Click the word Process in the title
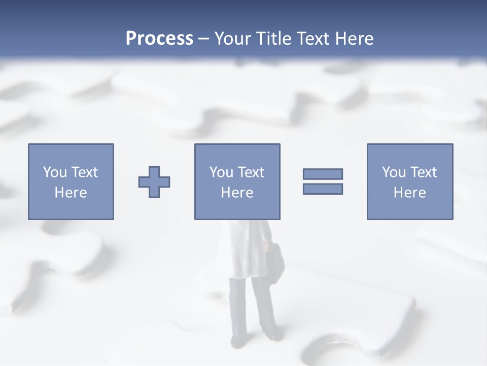point(159,39)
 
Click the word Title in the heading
point(274,39)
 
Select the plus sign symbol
point(154,181)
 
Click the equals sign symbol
point(323,181)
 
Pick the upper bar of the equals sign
point(323,174)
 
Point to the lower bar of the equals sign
point(323,189)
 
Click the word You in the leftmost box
point(55,172)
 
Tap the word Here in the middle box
point(237,193)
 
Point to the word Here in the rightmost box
point(410,193)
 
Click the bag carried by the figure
point(274,261)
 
